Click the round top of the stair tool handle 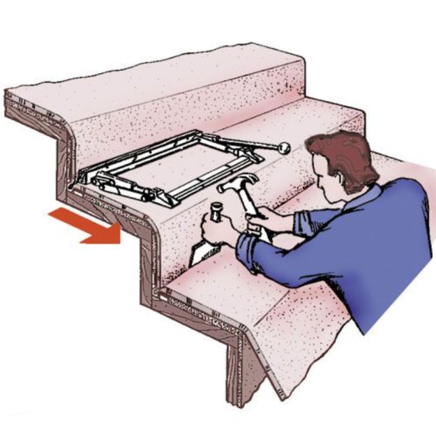(x=216, y=207)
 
